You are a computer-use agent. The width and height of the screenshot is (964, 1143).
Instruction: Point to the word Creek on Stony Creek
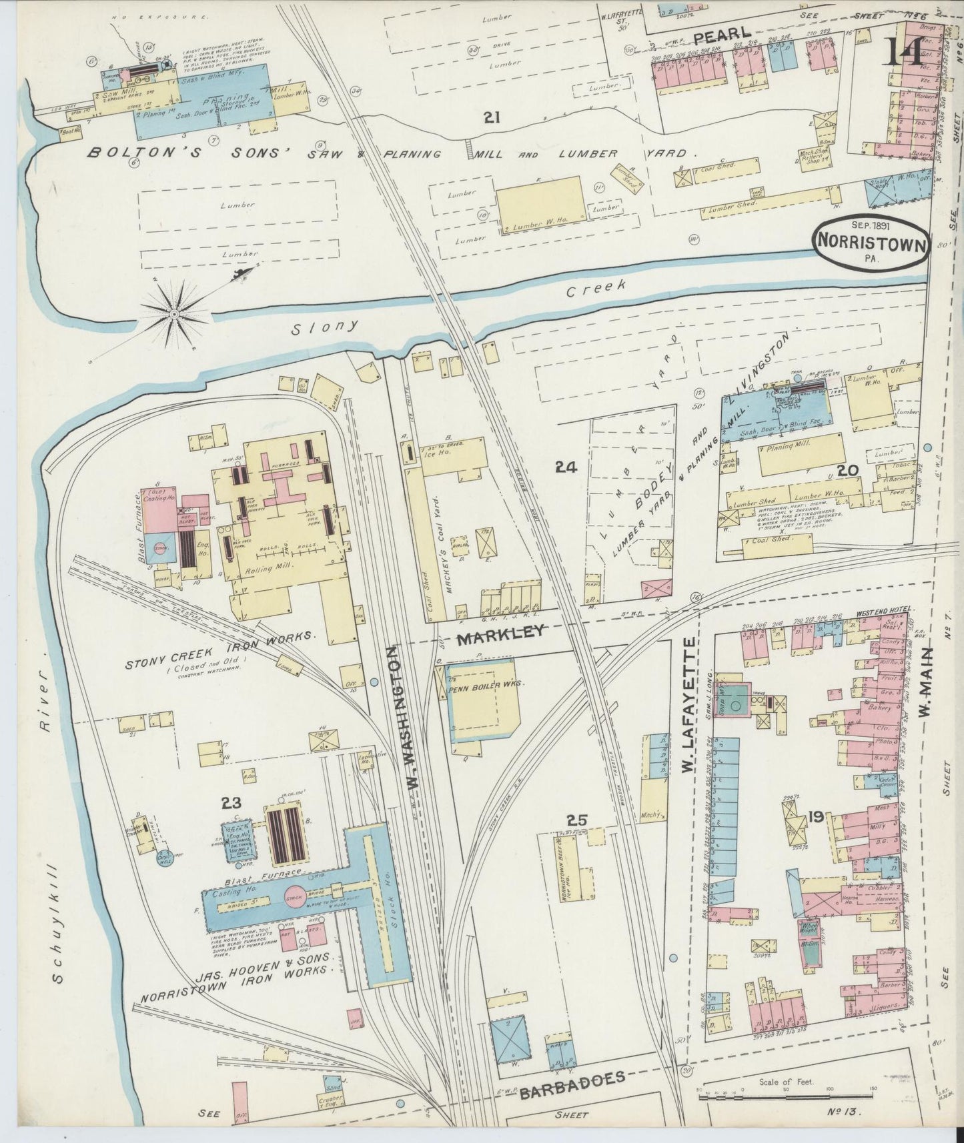click(596, 287)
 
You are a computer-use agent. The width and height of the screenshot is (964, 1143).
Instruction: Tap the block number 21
click(492, 118)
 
